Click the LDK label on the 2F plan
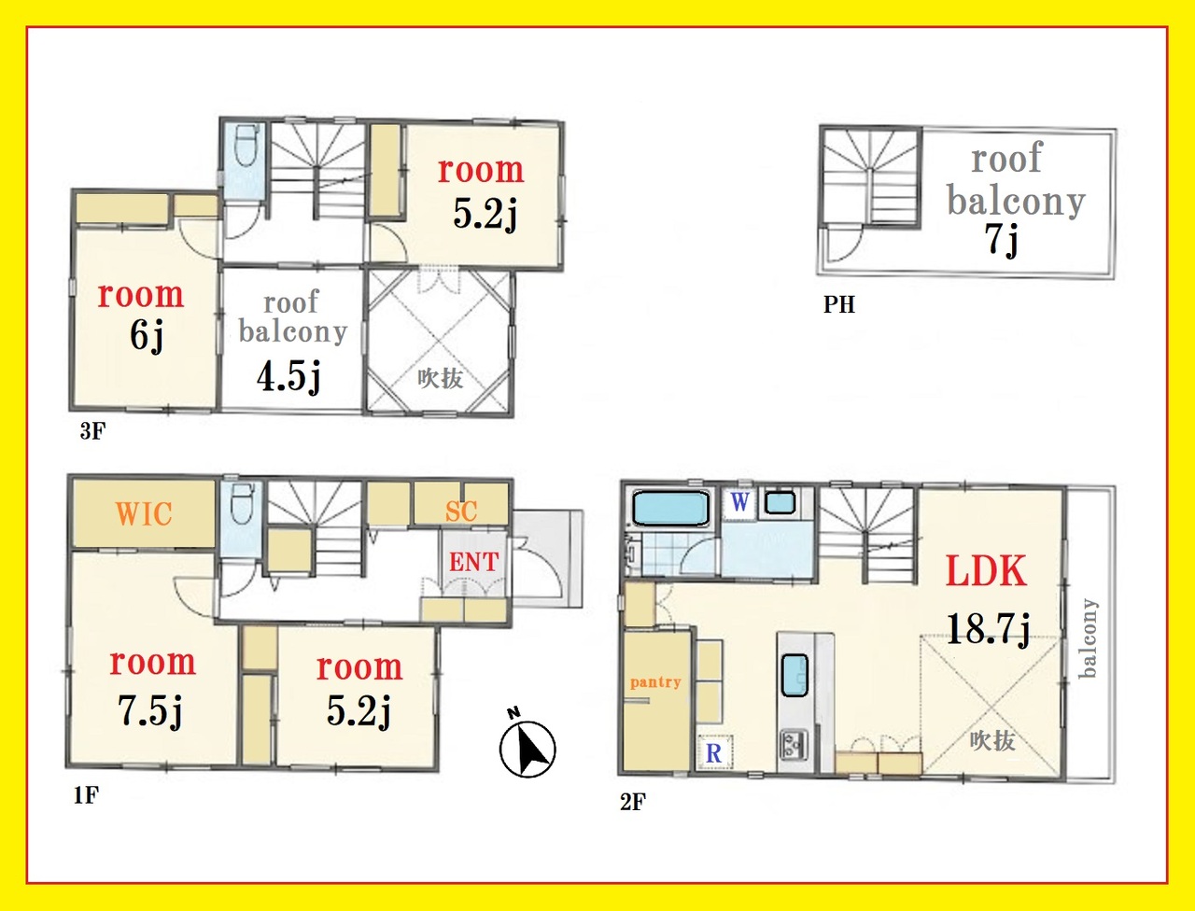pos(986,571)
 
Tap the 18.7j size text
pos(988,629)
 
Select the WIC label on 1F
pos(144,513)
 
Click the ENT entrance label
pos(473,562)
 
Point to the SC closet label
pos(461,511)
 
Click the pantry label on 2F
pos(655,682)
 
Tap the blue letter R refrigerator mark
pos(713,753)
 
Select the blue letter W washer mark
pos(739,502)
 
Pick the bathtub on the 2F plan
pos(671,509)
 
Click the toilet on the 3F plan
pos(246,147)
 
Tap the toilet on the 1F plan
pos(242,503)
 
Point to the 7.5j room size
pos(149,711)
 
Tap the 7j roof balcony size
pos(1001,240)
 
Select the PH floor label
pos(839,304)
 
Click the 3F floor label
pos(92,431)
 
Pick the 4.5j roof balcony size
pos(288,376)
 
